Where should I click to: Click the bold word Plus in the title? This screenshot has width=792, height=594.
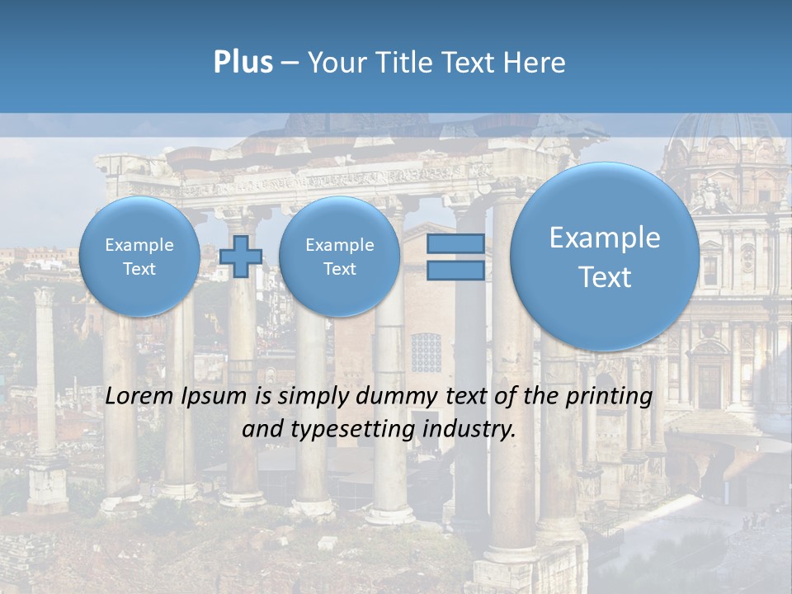243,63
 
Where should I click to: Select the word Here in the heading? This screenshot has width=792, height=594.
535,63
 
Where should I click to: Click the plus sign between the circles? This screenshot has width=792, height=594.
241,257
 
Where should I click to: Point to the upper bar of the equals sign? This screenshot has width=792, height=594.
455,243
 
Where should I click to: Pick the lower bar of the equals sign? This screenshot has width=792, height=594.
455,271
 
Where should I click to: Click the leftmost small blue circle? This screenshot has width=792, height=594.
139,257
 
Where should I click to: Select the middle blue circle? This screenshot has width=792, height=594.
339,257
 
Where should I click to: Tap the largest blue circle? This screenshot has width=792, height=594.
605,257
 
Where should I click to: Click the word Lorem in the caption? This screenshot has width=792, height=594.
141,396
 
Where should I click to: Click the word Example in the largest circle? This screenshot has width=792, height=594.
605,238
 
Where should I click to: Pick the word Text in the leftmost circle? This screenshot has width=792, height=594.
139,269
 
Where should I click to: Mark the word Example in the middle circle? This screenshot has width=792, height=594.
339,245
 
